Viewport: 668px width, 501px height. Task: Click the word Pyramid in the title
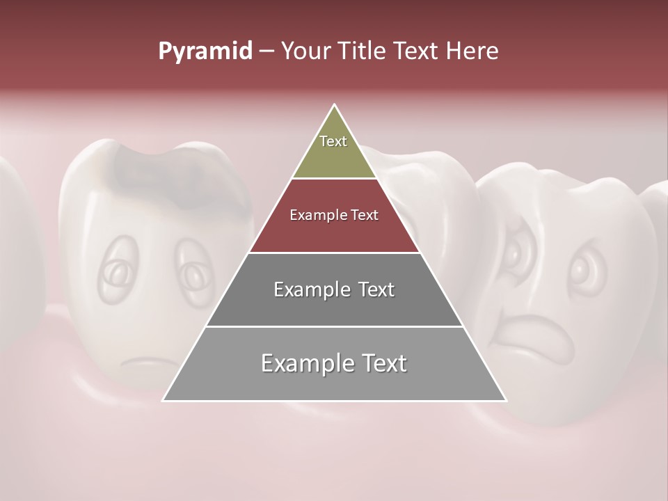pyautogui.click(x=205, y=51)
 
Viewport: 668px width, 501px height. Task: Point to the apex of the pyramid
pyautogui.click(x=335, y=106)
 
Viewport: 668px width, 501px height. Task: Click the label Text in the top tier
pyautogui.click(x=333, y=141)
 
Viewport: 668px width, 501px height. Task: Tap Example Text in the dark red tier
pyautogui.click(x=334, y=215)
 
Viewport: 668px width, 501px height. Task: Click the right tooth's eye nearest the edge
pyautogui.click(x=582, y=271)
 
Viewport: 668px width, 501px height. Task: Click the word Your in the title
pyautogui.click(x=305, y=51)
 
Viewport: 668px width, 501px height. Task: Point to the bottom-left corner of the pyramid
pyautogui.click(x=163, y=400)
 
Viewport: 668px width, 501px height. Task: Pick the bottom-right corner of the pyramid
pyautogui.click(x=506, y=400)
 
